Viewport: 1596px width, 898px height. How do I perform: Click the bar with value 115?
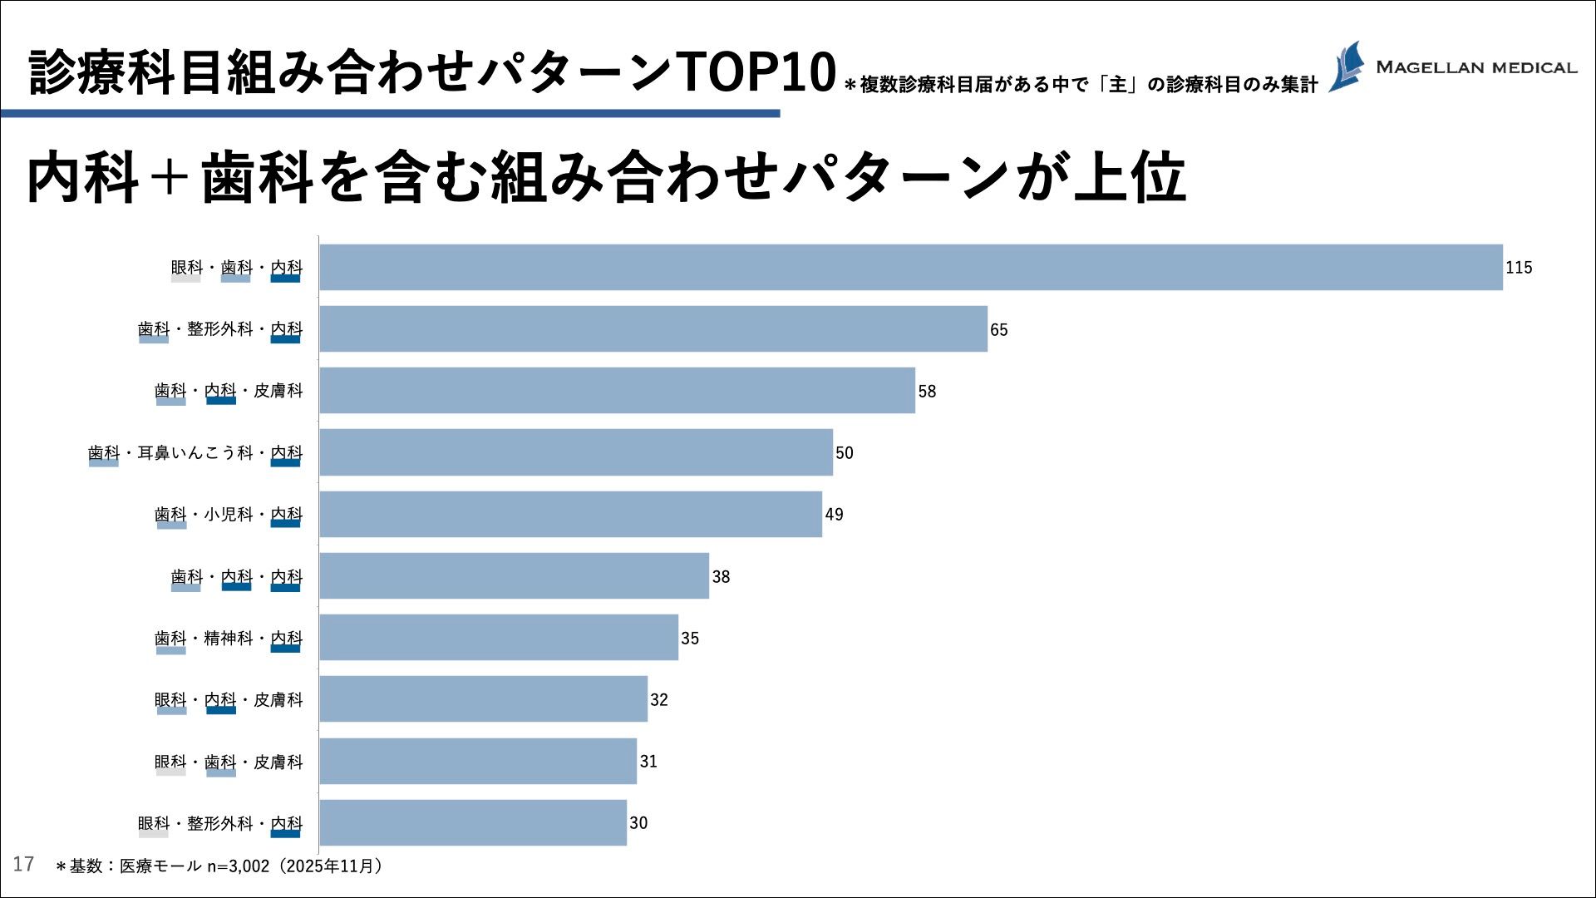click(x=910, y=267)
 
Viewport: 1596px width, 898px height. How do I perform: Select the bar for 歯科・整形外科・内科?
click(x=653, y=329)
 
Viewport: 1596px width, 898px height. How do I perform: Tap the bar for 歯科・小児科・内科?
click(x=570, y=514)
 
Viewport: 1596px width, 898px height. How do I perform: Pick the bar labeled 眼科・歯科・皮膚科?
click(x=478, y=761)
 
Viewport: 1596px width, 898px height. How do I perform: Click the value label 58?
click(x=927, y=392)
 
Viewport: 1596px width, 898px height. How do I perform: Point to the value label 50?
click(x=845, y=453)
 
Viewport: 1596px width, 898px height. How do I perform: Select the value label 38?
click(x=721, y=577)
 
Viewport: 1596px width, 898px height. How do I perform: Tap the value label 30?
click(x=638, y=823)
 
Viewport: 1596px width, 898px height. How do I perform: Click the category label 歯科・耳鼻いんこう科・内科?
click(x=195, y=453)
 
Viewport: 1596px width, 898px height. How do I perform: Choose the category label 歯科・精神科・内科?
click(x=229, y=639)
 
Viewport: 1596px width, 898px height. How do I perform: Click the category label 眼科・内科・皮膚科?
click(x=229, y=700)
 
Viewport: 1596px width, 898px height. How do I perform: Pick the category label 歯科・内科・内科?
click(x=237, y=577)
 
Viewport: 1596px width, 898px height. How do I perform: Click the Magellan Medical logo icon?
click(x=1347, y=67)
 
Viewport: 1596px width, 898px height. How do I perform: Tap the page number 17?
click(x=23, y=864)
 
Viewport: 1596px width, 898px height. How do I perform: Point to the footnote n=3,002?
click(x=239, y=866)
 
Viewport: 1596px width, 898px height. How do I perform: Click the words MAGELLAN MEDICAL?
click(x=1476, y=67)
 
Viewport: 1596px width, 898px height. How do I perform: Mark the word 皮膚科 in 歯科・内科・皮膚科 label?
click(x=278, y=391)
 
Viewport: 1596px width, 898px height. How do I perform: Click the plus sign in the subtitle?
click(x=170, y=178)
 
